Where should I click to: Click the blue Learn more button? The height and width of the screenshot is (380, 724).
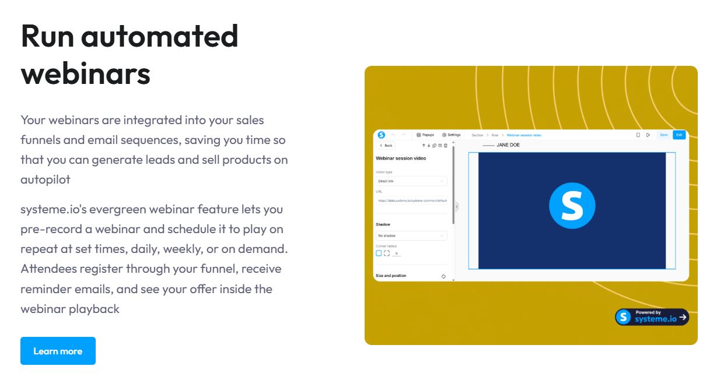coord(58,351)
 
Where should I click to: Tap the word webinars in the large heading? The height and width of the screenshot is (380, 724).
coord(86,74)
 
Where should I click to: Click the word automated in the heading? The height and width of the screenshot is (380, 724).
coord(159,36)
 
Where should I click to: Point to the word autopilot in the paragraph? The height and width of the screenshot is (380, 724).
coord(46,180)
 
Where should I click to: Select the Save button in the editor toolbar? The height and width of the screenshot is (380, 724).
coord(663,135)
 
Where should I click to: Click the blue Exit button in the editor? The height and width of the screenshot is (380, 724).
coord(678,135)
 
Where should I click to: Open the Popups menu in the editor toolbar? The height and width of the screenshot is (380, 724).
coord(425,135)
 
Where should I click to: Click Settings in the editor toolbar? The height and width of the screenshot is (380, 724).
coord(452,135)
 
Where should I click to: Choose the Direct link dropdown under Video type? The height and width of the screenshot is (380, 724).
coord(411,181)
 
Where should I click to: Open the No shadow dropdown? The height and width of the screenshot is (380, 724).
coord(411,235)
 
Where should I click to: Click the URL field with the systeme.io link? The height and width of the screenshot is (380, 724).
coord(411,200)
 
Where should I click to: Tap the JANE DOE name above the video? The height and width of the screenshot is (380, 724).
coord(508,145)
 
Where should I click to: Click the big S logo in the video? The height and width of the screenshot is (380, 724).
coord(572,205)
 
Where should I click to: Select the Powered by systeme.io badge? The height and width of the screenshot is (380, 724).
coord(652,316)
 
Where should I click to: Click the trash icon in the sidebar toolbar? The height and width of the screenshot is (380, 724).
coord(446,145)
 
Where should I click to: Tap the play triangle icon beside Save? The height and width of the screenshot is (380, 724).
coord(648,135)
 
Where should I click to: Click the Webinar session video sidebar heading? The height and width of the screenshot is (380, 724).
coord(401,158)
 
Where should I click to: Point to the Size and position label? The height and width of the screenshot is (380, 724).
coord(391,276)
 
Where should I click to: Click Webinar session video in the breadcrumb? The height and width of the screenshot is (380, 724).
coord(524,135)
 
